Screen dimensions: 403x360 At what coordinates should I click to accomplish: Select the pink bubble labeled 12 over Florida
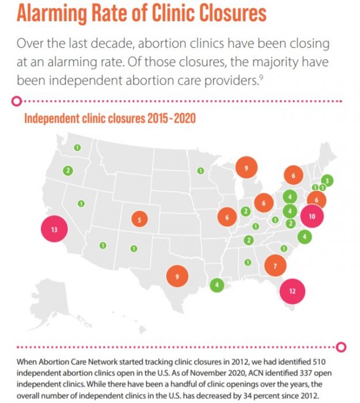coord(293,291)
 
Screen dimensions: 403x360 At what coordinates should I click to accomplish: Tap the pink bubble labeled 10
coord(312,217)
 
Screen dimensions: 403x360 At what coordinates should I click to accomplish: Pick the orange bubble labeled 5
coord(139,219)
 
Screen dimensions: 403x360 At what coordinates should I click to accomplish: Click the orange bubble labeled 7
coord(275,266)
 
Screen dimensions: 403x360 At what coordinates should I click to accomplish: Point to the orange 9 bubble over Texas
coord(177,277)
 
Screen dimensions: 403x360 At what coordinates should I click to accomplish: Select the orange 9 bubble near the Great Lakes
coord(245,168)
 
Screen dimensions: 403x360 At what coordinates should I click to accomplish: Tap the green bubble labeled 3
coord(327,181)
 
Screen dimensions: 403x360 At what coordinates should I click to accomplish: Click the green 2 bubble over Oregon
coord(69,170)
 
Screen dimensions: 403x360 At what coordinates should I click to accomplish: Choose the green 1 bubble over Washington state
coord(77,148)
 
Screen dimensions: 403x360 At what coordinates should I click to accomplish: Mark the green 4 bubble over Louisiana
coord(217,284)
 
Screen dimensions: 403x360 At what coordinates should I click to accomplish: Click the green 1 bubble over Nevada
coord(81,204)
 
